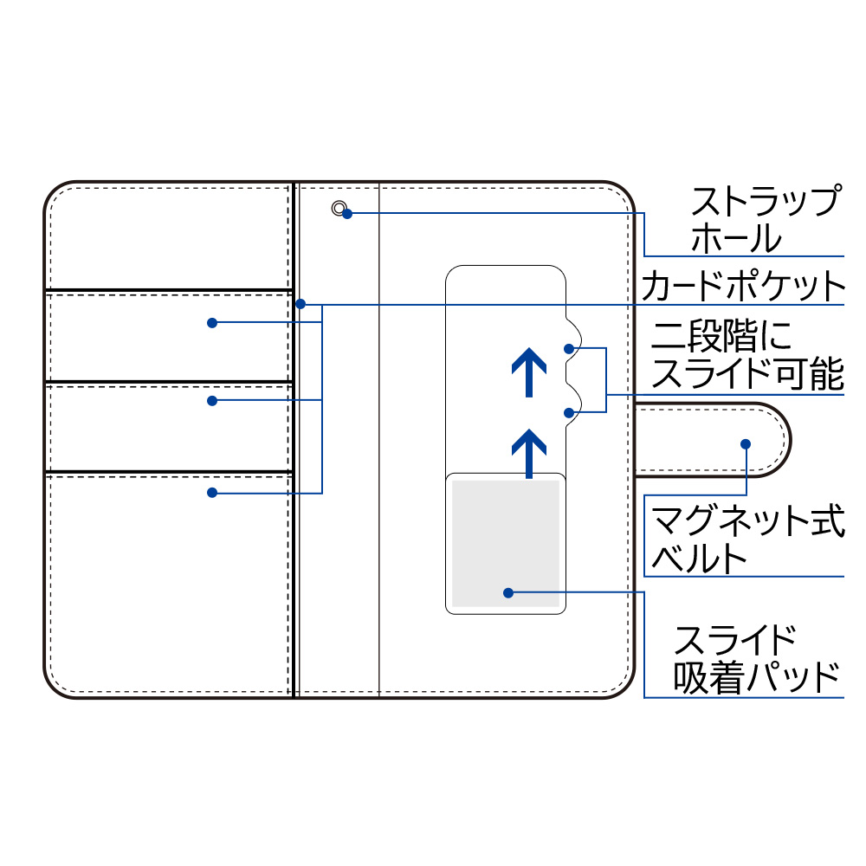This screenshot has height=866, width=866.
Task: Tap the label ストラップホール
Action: [x=766, y=219]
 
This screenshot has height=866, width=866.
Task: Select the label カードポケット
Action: [x=743, y=286]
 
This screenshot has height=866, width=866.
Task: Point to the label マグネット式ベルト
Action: [x=748, y=538]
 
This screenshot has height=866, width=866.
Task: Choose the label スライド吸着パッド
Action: [x=755, y=659]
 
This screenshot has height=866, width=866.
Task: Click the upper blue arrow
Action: [x=529, y=372]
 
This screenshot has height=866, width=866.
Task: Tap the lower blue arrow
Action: [x=529, y=454]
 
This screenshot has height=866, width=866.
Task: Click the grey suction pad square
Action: [x=506, y=544]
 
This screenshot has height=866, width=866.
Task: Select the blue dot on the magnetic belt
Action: [x=746, y=444]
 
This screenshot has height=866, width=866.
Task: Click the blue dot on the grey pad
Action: [x=508, y=593]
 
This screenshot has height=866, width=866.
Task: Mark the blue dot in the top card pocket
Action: [x=212, y=323]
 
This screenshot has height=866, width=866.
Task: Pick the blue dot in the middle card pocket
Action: [x=212, y=401]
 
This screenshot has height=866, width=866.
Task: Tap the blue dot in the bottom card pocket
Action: [x=212, y=493]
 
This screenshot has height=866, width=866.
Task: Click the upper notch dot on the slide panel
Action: [x=569, y=349]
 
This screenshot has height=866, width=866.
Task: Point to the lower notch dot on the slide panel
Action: [x=569, y=412]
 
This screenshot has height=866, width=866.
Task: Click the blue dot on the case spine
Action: [x=301, y=304]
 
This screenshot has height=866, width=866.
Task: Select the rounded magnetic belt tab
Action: [x=713, y=440]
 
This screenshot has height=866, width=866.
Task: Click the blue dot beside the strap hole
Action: [x=347, y=214]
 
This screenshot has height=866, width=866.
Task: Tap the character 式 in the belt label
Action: [x=828, y=520]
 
